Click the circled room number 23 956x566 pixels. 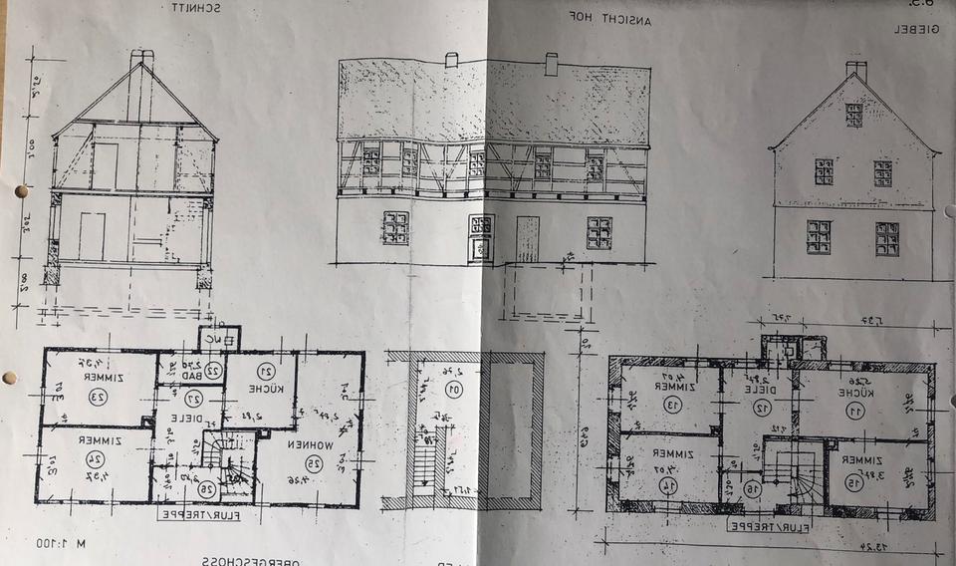[97, 397]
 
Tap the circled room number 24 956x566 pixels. [96, 458]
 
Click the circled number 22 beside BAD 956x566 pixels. [211, 370]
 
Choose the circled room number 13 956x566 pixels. [673, 405]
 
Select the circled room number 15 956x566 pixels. [853, 482]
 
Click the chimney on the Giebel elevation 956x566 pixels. [855, 71]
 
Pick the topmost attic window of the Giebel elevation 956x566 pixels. [853, 115]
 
